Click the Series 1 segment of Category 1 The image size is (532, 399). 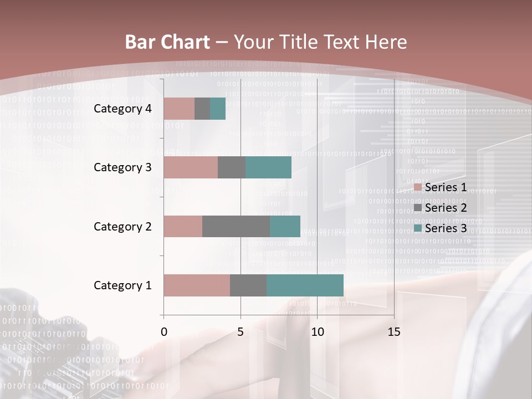[x=197, y=285]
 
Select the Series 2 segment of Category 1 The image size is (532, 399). [x=248, y=285]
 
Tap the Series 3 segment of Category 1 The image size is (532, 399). [x=305, y=285]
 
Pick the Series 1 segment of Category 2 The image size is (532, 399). [x=183, y=226]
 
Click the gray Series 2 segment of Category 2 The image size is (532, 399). [x=236, y=226]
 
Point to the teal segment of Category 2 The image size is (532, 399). [x=285, y=226]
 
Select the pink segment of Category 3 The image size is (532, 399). [x=191, y=167]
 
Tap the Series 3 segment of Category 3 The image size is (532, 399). [x=268, y=167]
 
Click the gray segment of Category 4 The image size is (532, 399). [x=202, y=109]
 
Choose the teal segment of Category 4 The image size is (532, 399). [x=218, y=109]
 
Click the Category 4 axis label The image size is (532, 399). [x=122, y=109]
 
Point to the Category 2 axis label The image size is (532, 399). [x=122, y=226]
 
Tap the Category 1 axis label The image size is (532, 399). [x=122, y=285]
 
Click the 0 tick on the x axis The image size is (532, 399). [x=163, y=332]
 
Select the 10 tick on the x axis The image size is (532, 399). [x=317, y=332]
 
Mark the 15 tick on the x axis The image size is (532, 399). [x=394, y=332]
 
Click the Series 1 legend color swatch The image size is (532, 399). [x=418, y=188]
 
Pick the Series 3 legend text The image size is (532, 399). [x=446, y=228]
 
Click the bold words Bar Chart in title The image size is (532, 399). [x=167, y=42]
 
